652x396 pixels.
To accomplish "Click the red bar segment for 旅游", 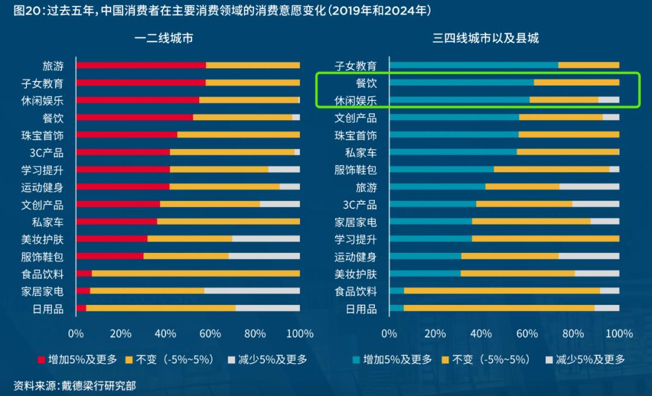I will pyautogui.click(x=141, y=65).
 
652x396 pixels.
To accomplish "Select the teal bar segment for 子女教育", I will pyautogui.click(x=474, y=65).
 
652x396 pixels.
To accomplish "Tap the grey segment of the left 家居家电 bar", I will pyautogui.click(x=252, y=290).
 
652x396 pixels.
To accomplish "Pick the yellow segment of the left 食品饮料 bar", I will pyautogui.click(x=196, y=273).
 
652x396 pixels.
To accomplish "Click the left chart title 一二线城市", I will pyautogui.click(x=164, y=38).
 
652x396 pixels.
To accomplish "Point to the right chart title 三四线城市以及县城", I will pyautogui.click(x=485, y=38).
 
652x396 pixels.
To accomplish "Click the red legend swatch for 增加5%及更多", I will pyautogui.click(x=42, y=360).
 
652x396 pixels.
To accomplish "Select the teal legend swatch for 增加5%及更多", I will pyautogui.click(x=356, y=360).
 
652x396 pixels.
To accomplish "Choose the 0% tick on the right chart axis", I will pyautogui.click(x=389, y=334).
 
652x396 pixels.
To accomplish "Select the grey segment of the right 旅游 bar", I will pyautogui.click(x=589, y=187).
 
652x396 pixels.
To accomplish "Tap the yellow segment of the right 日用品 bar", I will pyautogui.click(x=499, y=308).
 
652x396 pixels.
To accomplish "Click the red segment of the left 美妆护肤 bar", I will pyautogui.click(x=112, y=239).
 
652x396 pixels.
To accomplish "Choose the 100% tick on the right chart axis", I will pyautogui.click(x=619, y=334).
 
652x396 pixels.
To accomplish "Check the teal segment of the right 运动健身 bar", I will pyautogui.click(x=425, y=256).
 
